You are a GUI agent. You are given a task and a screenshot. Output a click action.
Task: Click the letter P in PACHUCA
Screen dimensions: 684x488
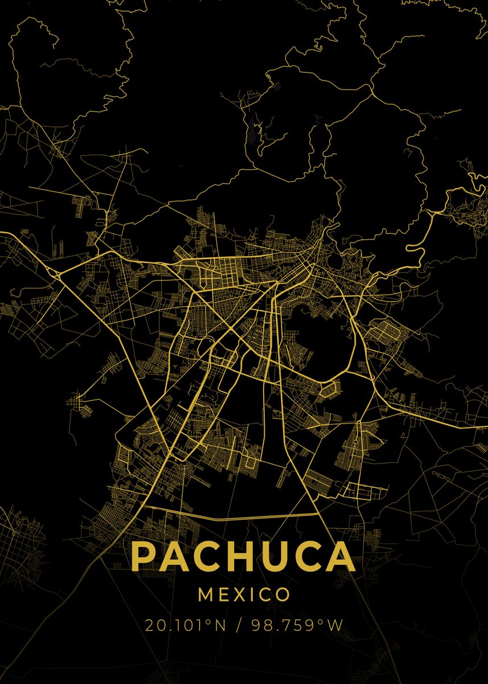point(145,556)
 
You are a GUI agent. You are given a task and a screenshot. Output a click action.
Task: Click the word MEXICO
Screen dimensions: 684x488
point(244,595)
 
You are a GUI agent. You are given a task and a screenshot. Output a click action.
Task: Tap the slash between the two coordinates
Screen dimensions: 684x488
point(237,625)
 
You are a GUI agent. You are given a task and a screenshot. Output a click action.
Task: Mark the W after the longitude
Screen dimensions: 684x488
point(336,625)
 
